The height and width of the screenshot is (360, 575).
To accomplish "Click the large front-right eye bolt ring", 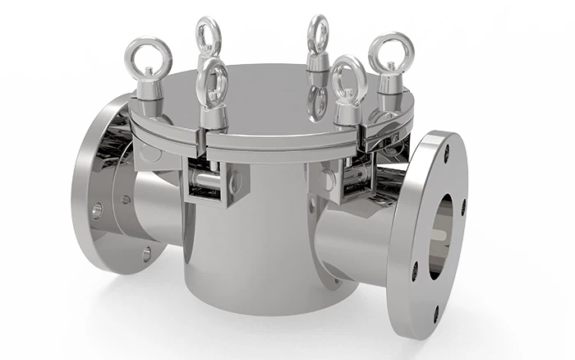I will click(x=347, y=76).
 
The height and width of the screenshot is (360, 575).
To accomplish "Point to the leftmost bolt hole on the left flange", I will click(x=97, y=211).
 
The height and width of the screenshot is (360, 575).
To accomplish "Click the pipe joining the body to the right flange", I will click(x=353, y=234).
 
